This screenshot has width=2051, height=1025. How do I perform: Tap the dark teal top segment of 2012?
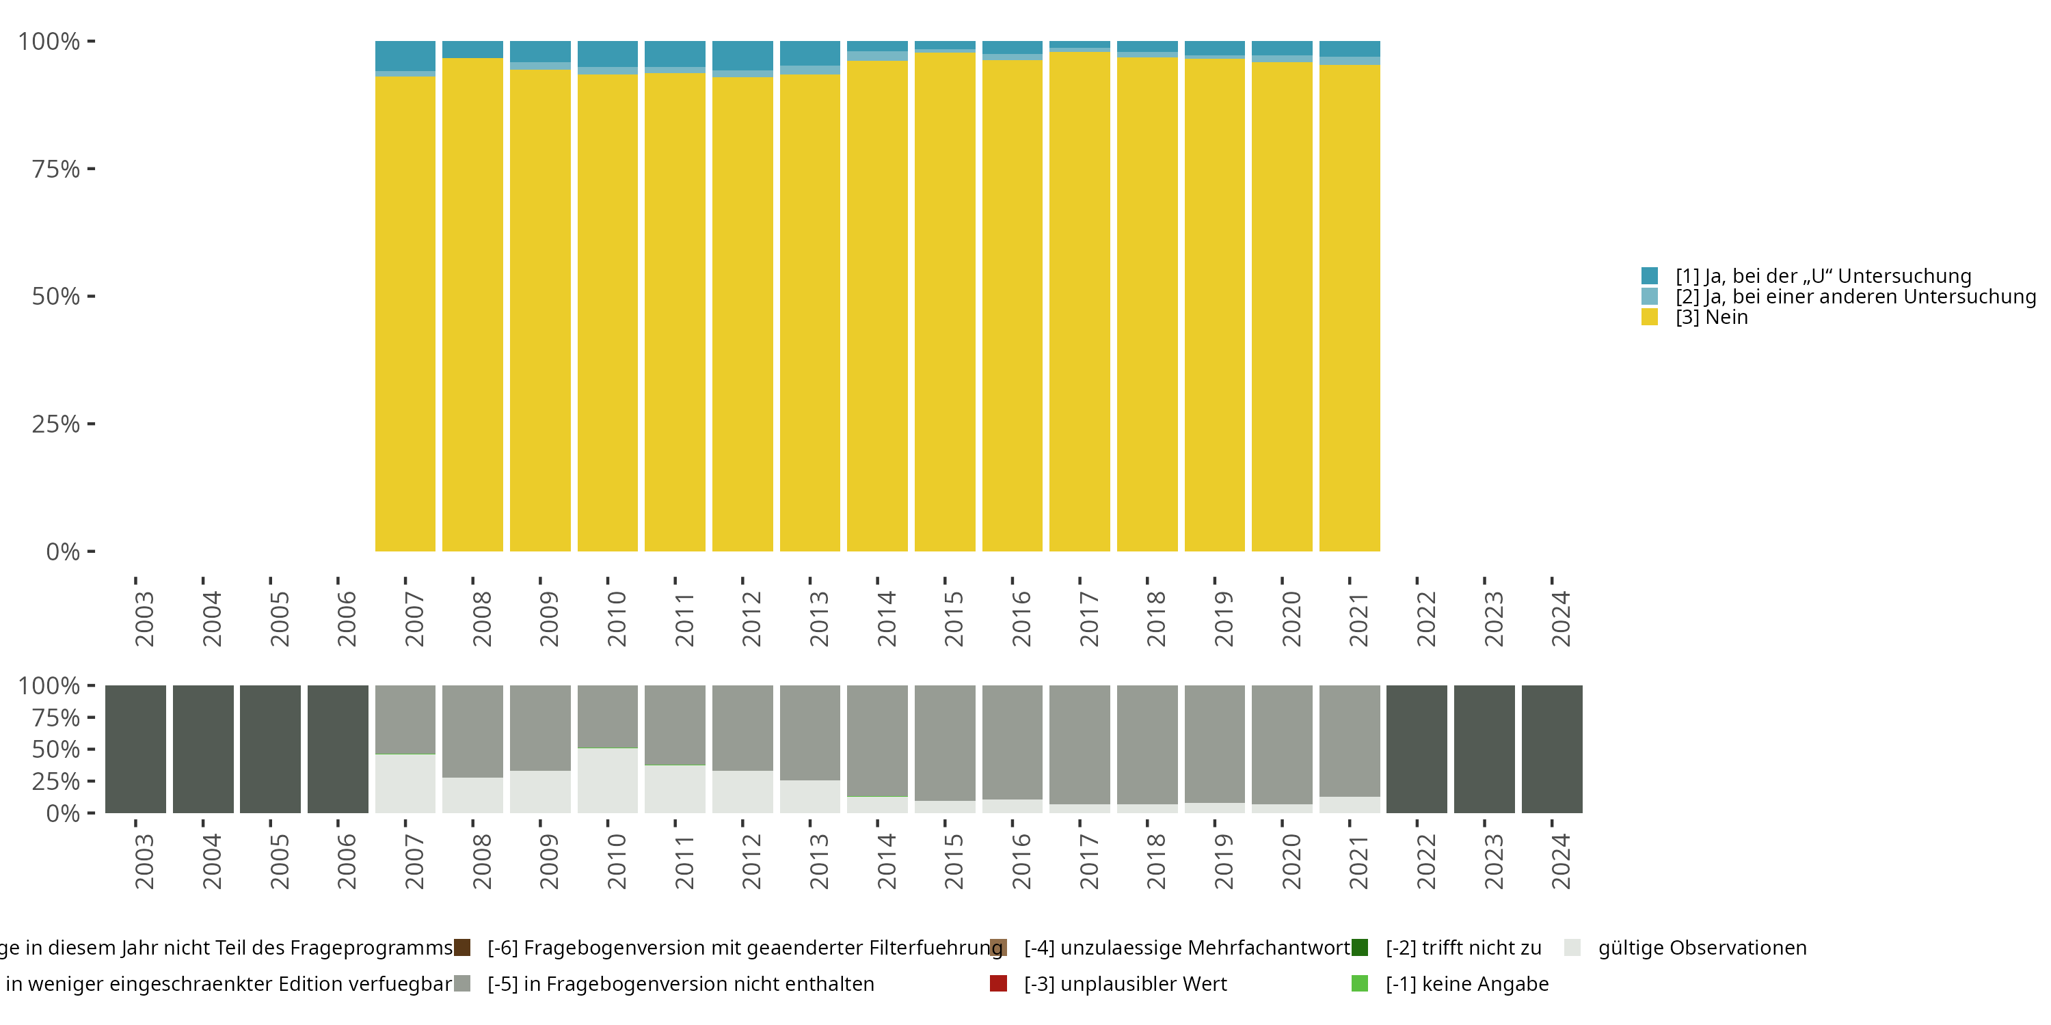(742, 55)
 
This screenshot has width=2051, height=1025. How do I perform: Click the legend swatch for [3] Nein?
(1649, 318)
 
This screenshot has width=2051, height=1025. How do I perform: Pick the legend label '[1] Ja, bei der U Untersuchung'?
(1823, 276)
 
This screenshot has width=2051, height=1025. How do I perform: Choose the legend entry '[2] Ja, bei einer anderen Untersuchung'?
(1855, 297)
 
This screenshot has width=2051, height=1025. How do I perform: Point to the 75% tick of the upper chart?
(91, 169)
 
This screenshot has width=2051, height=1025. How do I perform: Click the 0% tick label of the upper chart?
(63, 551)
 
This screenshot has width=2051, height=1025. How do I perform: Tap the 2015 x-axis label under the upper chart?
(954, 618)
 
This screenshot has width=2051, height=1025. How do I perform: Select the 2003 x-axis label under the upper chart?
(144, 618)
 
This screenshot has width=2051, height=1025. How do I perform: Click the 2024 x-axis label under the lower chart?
(1561, 861)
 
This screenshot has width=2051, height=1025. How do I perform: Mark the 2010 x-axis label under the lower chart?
(616, 861)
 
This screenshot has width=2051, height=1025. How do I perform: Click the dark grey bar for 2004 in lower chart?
(203, 749)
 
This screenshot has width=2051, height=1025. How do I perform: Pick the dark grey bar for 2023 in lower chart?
(1484, 749)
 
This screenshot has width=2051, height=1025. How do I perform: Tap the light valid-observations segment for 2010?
(608, 780)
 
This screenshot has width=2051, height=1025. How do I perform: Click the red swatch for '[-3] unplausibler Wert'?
(998, 983)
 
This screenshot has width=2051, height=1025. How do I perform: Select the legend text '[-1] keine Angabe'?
(1466, 983)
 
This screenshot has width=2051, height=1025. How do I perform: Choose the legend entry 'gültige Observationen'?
(1702, 948)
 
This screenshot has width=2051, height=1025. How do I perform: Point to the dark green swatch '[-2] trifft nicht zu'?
(1360, 948)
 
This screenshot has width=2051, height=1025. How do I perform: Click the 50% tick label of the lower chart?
(56, 749)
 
